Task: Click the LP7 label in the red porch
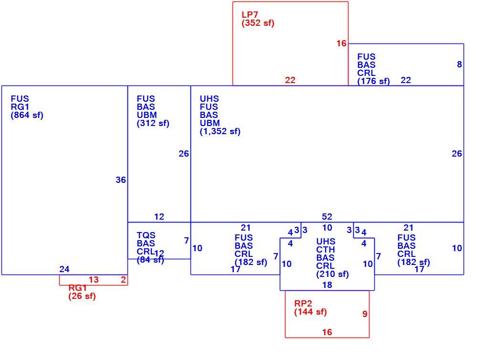250,15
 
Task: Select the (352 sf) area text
258,23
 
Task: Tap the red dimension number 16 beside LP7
341,43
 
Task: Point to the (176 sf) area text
373,81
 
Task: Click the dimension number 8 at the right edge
459,64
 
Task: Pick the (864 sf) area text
27,115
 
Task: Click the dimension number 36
121,180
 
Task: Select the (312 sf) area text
153,123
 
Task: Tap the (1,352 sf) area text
220,131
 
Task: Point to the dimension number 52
327,216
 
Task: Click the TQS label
146,235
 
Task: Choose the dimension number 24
64,269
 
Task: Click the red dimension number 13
94,280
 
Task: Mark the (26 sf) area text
82,296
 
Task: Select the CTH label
326,249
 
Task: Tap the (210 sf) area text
333,274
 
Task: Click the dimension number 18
327,285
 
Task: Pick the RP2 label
303,304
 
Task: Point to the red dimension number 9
365,314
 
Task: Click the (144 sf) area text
311,312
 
